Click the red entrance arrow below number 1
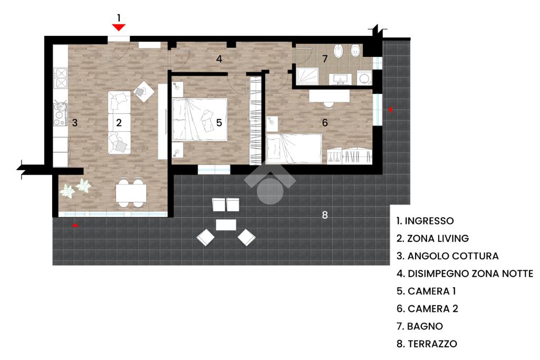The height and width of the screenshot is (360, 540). [119, 27]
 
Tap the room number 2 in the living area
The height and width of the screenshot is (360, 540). [119, 123]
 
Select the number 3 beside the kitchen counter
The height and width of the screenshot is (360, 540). [75, 123]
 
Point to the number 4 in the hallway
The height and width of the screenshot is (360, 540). [219, 59]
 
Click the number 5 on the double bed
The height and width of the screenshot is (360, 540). [219, 123]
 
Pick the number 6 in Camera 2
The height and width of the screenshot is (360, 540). [325, 123]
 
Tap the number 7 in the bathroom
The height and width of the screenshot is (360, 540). [325, 58]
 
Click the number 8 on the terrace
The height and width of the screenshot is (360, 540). [325, 215]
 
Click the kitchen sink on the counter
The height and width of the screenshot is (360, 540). [61, 79]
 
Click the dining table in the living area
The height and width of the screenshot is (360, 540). [131, 193]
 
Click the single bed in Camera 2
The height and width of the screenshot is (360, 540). [294, 148]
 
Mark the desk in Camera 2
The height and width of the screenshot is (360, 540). [329, 95]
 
